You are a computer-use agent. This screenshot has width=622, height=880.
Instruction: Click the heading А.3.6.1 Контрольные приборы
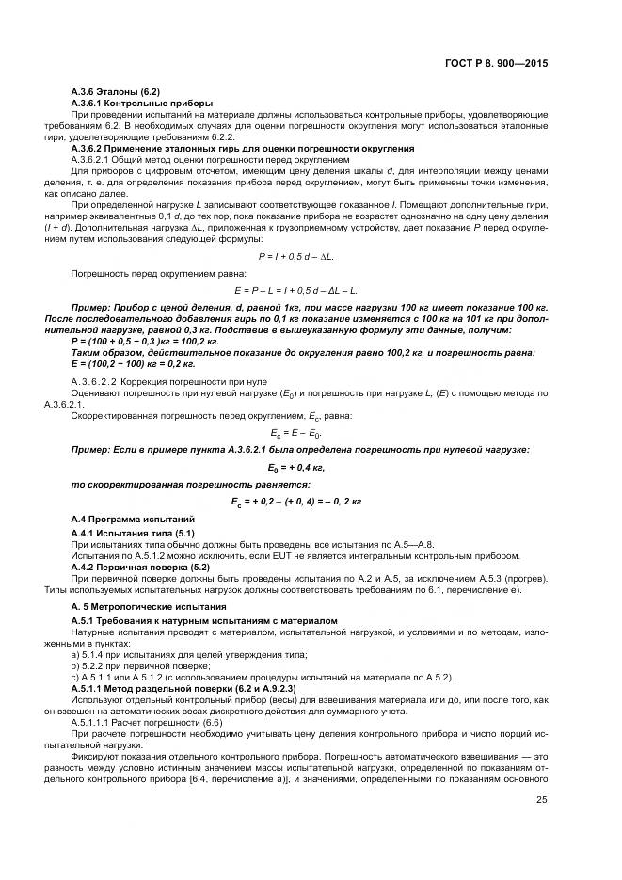tap(142, 102)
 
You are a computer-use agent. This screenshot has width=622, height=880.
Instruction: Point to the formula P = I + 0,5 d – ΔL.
tap(297, 256)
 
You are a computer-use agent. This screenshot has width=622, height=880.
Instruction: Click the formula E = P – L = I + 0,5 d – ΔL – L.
tap(297, 290)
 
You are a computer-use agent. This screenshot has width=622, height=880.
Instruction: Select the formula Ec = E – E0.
tap(297, 433)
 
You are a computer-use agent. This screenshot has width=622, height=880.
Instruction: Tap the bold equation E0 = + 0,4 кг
tap(297, 467)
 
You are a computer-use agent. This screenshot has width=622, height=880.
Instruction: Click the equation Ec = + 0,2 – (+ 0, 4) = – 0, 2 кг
tap(297, 502)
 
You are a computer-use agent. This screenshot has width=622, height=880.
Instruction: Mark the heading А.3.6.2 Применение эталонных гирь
tap(243, 148)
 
